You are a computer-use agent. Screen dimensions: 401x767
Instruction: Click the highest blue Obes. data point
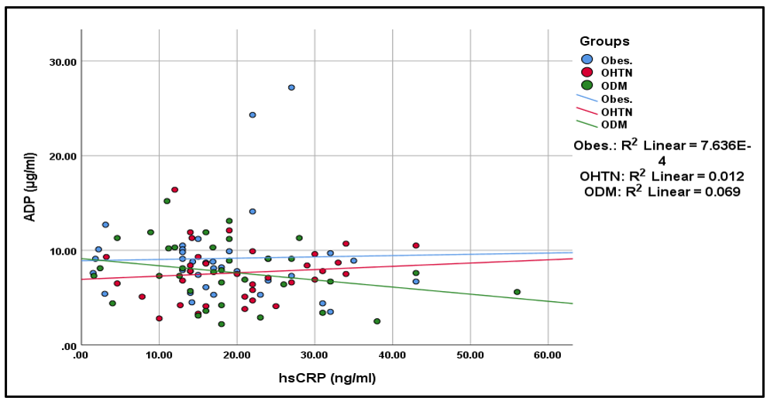pyautogui.click(x=291, y=87)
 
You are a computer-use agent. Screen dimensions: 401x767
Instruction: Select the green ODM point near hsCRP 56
pyautogui.click(x=517, y=292)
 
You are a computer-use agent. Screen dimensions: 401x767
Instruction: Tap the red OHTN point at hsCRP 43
pyautogui.click(x=416, y=245)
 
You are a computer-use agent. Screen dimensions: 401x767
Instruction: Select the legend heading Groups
pyautogui.click(x=604, y=41)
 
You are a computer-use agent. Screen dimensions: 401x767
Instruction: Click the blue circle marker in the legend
pyautogui.click(x=586, y=60)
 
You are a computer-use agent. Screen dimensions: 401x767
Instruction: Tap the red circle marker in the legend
pyautogui.click(x=586, y=73)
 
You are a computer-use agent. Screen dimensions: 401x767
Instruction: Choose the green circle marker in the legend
pyautogui.click(x=586, y=85)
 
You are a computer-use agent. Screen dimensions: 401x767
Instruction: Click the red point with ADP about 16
pyautogui.click(x=175, y=190)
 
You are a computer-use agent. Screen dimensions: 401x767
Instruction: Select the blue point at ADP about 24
pyautogui.click(x=253, y=115)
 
